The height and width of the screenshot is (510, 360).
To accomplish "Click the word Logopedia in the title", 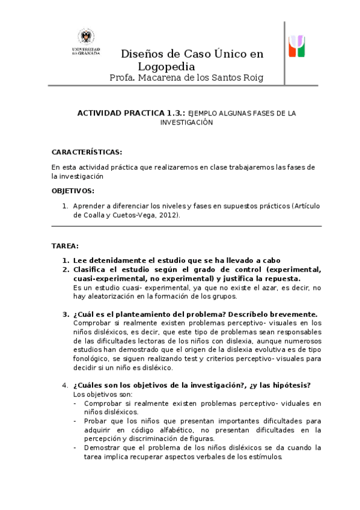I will [x=163, y=67].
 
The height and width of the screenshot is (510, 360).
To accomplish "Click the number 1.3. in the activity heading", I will [x=175, y=112].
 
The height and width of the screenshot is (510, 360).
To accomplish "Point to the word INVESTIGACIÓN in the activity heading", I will [x=186, y=121].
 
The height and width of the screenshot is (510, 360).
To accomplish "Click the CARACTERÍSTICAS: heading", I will [x=87, y=152].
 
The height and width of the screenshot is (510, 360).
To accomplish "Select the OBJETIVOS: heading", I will [x=73, y=191].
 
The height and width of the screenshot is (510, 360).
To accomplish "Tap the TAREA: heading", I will [x=65, y=246].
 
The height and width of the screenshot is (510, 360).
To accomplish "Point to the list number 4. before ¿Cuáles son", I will [x=66, y=385].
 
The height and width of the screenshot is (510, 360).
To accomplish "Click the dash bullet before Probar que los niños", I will [x=75, y=421].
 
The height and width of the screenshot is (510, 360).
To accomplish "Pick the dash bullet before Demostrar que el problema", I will [x=75, y=447].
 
